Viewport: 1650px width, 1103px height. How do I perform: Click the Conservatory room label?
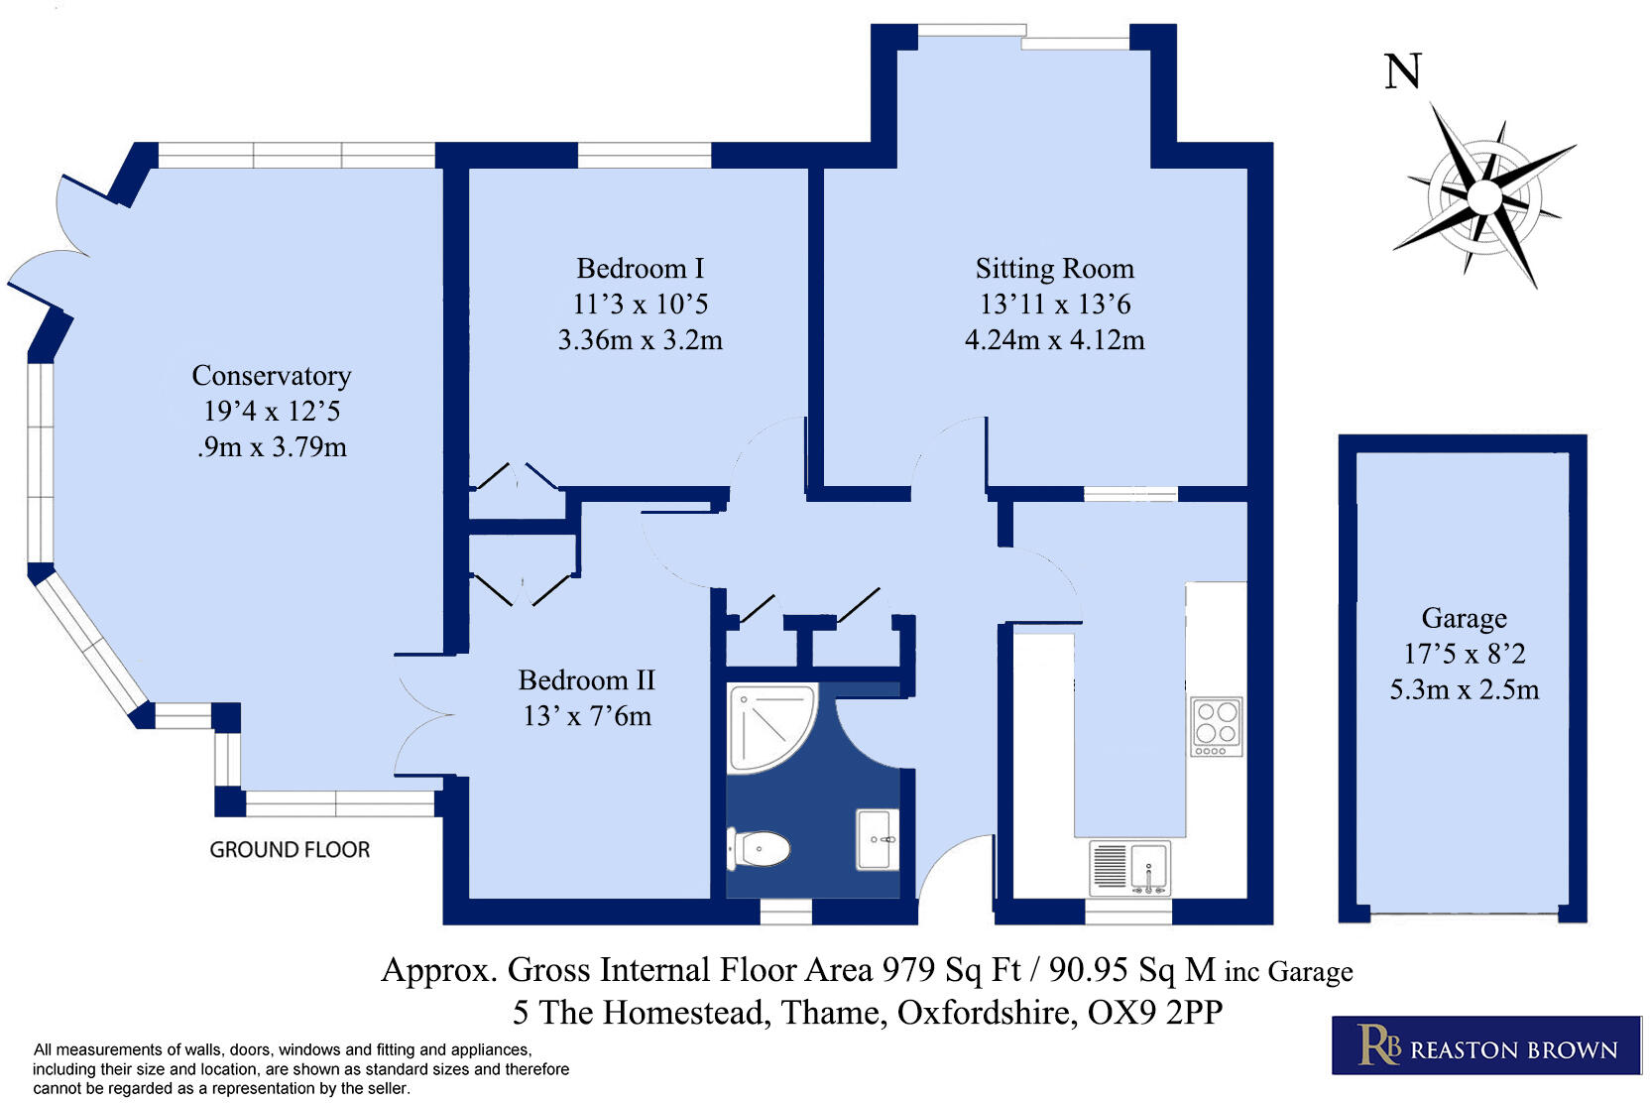point(271,376)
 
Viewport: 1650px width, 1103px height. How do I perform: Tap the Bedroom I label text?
point(640,269)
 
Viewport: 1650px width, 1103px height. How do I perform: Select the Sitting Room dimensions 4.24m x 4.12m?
point(1054,340)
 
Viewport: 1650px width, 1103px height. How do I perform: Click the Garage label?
point(1464,618)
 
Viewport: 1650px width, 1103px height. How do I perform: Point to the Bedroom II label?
point(586,680)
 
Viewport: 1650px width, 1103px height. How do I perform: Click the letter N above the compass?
point(1402,72)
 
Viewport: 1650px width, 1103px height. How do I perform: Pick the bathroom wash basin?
point(878,839)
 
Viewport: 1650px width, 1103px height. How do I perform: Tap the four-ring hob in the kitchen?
point(1217,725)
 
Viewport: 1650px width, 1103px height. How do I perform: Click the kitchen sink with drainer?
point(1130,867)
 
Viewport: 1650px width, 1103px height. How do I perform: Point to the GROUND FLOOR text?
point(290,850)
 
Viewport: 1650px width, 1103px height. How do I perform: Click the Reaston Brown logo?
point(1485,1045)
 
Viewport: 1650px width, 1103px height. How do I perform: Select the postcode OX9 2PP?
point(1154,1013)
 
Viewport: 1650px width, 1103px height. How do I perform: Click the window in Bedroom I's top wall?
point(645,155)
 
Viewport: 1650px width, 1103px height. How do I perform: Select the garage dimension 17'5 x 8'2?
point(1464,654)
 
